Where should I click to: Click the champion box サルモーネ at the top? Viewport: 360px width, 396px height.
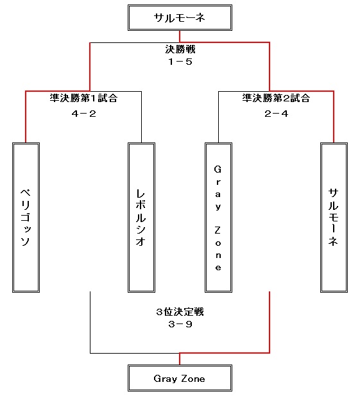click(x=180, y=18)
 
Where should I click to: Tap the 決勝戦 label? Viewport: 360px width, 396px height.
click(x=180, y=49)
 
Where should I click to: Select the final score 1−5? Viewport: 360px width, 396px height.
click(x=180, y=62)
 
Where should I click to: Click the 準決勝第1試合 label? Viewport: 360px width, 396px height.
click(x=83, y=98)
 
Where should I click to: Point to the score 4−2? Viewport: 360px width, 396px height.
click(x=83, y=114)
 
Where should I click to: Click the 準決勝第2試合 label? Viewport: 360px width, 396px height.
click(x=276, y=98)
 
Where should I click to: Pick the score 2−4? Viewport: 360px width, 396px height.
click(x=276, y=114)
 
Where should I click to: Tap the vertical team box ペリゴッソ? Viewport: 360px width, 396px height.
click(x=26, y=218)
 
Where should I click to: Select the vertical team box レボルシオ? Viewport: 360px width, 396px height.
click(x=141, y=218)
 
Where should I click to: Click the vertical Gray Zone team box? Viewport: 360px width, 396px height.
click(x=218, y=218)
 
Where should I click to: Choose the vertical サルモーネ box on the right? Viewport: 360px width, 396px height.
click(x=334, y=218)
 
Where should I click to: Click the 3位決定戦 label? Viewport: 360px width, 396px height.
click(x=180, y=312)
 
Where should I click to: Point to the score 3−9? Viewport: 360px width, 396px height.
click(x=180, y=324)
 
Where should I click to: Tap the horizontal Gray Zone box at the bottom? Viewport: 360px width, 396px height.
click(x=180, y=378)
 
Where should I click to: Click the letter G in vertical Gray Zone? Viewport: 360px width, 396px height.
click(x=218, y=169)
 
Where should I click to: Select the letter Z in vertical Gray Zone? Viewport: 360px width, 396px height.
click(x=218, y=230)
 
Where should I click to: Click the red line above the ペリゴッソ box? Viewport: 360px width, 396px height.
click(x=26, y=117)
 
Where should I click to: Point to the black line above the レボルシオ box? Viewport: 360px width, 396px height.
click(x=141, y=117)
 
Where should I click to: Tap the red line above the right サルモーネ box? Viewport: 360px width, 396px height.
click(x=334, y=117)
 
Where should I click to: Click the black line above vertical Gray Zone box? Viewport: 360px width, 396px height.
click(x=218, y=117)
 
